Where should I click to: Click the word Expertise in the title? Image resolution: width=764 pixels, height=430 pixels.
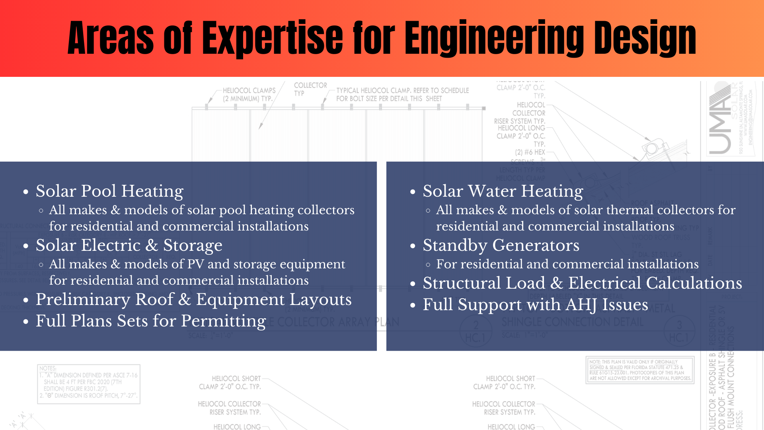click(x=273, y=39)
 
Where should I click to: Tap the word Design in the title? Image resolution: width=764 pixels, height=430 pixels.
click(x=645, y=39)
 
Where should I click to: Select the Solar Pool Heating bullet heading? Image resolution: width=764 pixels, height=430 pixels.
click(x=109, y=191)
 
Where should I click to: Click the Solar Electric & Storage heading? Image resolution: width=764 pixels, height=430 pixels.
click(x=129, y=245)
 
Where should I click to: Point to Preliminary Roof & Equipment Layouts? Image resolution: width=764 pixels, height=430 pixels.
click(x=193, y=299)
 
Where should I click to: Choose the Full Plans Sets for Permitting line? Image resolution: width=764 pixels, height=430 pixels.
click(x=151, y=321)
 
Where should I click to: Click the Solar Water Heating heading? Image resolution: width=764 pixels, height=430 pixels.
click(x=503, y=191)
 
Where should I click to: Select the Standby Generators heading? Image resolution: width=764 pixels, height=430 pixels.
click(x=501, y=245)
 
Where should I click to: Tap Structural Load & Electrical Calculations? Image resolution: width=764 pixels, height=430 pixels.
click(x=582, y=283)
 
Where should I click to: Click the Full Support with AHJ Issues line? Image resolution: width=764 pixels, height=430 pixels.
click(x=535, y=305)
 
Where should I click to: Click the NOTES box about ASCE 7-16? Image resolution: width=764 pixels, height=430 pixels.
click(x=89, y=384)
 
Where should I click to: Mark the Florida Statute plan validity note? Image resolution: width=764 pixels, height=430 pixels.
click(x=640, y=370)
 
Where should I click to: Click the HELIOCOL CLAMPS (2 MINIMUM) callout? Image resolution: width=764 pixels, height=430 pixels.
click(x=249, y=94)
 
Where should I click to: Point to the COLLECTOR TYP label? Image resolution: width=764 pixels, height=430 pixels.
click(x=310, y=89)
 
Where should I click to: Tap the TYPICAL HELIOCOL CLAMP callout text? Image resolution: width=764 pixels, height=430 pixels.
click(x=402, y=94)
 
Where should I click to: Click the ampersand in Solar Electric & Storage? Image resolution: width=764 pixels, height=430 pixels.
click(x=152, y=246)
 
